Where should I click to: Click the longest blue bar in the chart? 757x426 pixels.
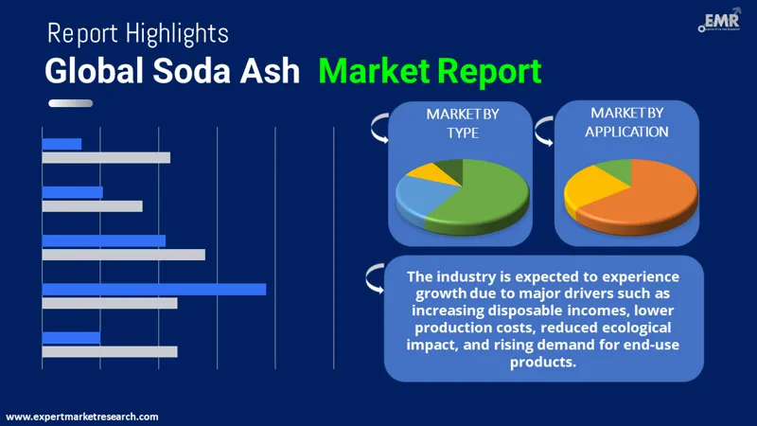tap(153, 289)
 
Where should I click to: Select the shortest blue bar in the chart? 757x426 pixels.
tap(62, 144)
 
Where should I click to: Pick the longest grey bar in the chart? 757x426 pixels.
tap(123, 255)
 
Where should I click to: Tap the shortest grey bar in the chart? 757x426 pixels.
tap(92, 205)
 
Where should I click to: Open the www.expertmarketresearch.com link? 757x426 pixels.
tap(82, 417)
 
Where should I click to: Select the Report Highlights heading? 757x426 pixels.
tap(137, 34)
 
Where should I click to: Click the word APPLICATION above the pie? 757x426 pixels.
tap(626, 132)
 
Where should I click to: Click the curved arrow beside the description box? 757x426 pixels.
tap(375, 276)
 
